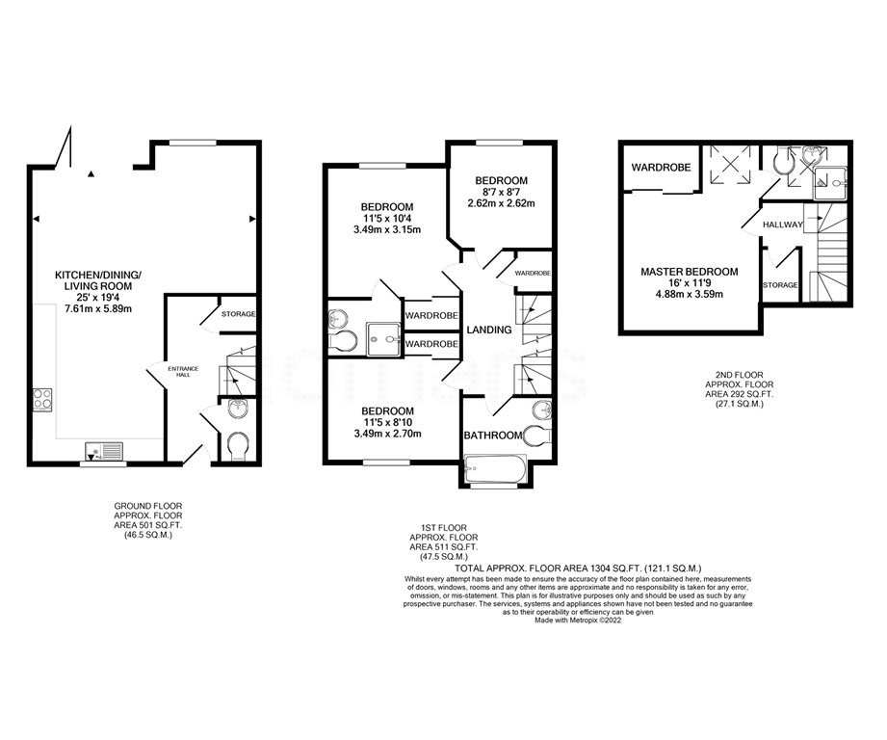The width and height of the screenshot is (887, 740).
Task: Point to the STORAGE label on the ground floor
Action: pyautogui.click(x=239, y=313)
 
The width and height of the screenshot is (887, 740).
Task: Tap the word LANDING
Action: pyautogui.click(x=489, y=330)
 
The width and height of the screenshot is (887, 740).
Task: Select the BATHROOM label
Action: pyautogui.click(x=493, y=436)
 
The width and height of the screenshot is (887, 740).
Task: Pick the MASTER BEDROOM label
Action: pyautogui.click(x=690, y=273)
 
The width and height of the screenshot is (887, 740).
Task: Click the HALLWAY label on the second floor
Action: pyautogui.click(x=782, y=225)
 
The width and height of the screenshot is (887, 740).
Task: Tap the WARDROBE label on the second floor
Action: pyautogui.click(x=661, y=168)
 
